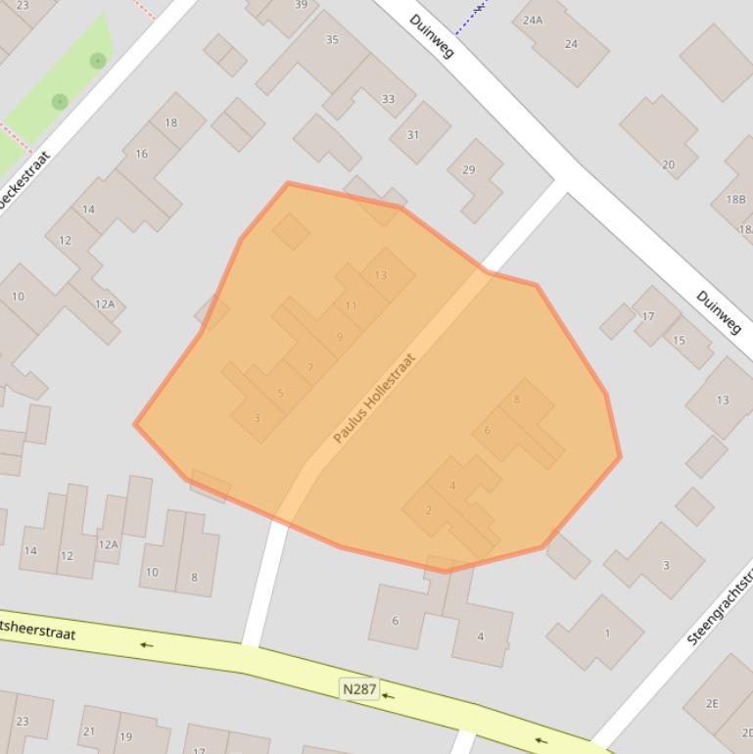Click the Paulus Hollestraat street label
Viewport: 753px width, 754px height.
coord(374,399)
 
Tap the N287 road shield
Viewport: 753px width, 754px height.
coord(359,689)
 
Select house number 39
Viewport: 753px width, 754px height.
coord(301,5)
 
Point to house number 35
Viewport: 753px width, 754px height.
coord(332,39)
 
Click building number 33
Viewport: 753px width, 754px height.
coord(388,99)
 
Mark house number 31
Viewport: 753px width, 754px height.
coord(413,135)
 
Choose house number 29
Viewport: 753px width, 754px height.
coord(468,169)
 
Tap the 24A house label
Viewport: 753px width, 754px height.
coord(533,20)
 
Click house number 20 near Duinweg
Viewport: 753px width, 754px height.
coord(668,165)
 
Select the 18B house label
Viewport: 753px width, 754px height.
coord(735,199)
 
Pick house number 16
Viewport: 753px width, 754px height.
coord(142,154)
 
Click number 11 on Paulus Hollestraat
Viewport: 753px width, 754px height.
coord(351,306)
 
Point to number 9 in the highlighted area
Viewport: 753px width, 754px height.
coord(340,337)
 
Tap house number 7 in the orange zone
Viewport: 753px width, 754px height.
coord(310,367)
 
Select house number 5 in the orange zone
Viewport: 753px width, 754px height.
coord(280,394)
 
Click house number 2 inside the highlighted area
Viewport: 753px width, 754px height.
coord(429,510)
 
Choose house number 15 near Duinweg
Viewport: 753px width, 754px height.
coord(679,341)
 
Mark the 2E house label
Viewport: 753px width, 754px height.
coord(712,703)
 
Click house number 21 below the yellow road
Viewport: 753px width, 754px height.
coord(89,731)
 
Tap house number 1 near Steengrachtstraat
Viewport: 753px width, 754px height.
coord(607,633)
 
